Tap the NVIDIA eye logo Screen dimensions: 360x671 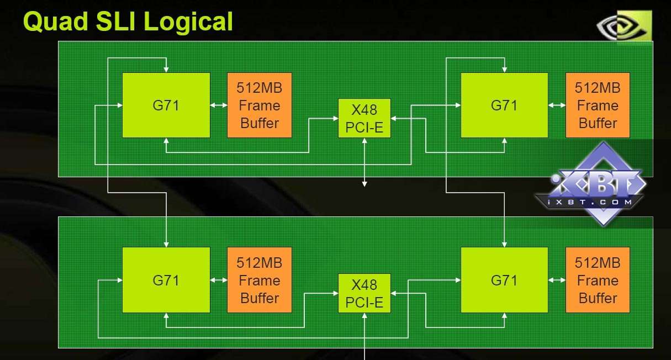click(x=624, y=25)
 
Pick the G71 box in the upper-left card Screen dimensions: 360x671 click(x=166, y=105)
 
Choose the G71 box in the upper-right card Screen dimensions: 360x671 click(x=504, y=105)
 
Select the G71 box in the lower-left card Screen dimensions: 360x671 click(x=166, y=280)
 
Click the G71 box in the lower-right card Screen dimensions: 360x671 click(x=504, y=280)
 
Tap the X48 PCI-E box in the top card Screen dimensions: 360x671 click(x=364, y=118)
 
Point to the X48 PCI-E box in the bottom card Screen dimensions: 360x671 click(x=364, y=293)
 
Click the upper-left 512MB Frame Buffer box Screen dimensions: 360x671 click(x=259, y=105)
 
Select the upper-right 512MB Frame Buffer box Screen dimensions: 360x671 click(x=598, y=105)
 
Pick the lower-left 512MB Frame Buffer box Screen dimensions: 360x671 click(x=259, y=280)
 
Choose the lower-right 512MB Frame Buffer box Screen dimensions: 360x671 click(x=598, y=280)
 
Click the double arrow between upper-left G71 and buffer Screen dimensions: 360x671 click(x=219, y=105)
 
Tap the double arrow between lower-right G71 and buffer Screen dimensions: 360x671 click(x=557, y=280)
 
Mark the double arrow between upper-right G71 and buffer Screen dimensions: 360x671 click(x=557, y=105)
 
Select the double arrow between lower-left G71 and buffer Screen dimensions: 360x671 click(x=219, y=280)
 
